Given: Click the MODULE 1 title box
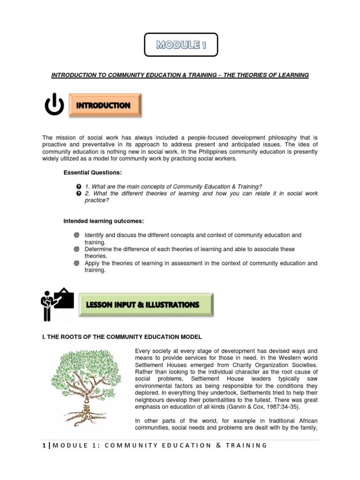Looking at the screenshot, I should (x=180, y=45).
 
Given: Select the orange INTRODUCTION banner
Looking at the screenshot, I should (x=105, y=105).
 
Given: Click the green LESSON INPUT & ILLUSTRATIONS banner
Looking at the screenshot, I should (x=145, y=305).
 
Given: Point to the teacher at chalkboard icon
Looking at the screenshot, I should (x=56, y=304).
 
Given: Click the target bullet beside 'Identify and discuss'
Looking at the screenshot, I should (x=77, y=235).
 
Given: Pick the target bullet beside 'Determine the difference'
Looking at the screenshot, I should (x=77, y=249).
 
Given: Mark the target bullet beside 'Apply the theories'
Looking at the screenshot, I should (x=77, y=263).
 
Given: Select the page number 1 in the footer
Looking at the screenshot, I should (x=44, y=445).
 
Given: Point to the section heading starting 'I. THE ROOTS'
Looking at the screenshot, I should (x=122, y=337).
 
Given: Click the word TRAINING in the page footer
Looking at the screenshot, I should (x=244, y=445).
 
